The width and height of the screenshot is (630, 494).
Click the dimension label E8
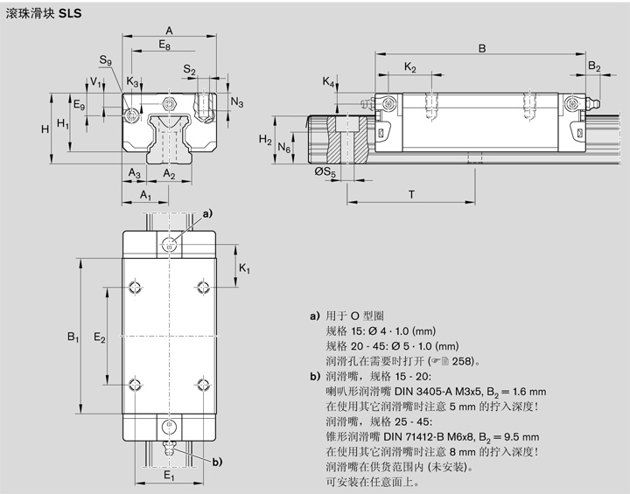(165, 44)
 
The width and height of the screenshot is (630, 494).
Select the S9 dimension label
(106, 60)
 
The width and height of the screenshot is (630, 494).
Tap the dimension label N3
(237, 101)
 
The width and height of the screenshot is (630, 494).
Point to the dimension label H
(45, 129)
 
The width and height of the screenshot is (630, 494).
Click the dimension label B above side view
(482, 49)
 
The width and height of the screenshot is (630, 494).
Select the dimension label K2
(409, 67)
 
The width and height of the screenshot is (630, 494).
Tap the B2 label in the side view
(593, 66)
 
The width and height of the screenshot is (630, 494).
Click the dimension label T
(410, 193)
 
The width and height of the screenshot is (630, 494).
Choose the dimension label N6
(283, 150)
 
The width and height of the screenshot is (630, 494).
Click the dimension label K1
(245, 268)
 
